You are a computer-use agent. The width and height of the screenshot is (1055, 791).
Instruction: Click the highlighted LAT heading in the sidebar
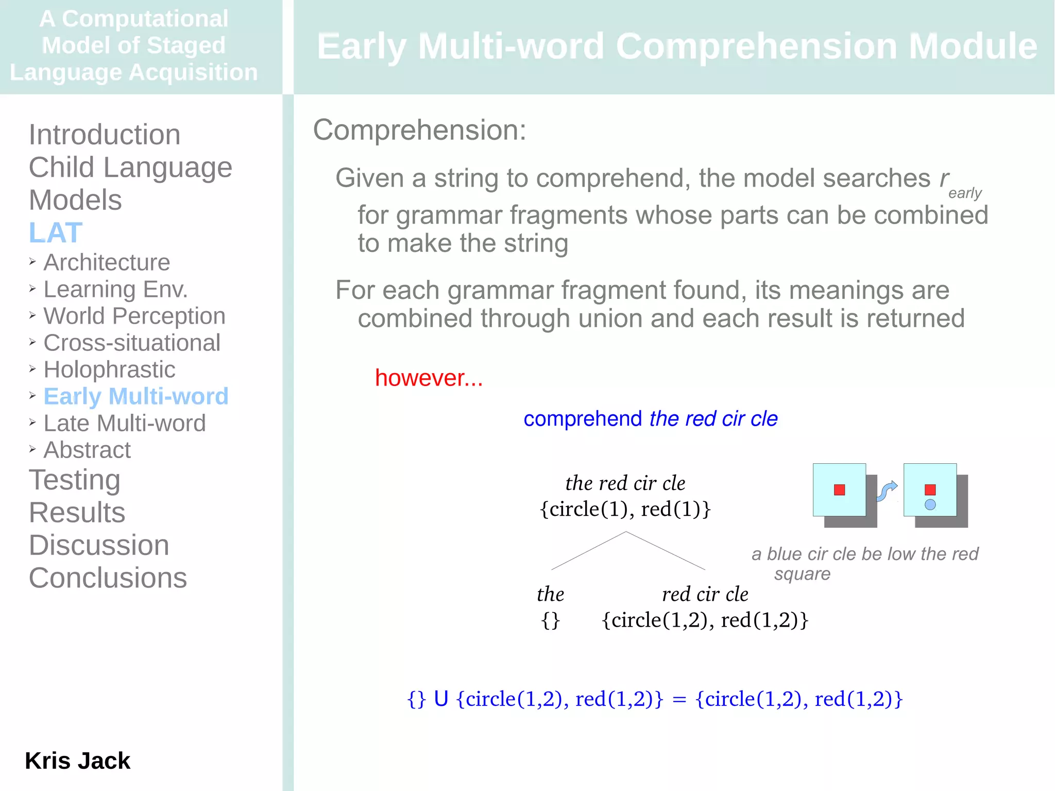[x=56, y=233]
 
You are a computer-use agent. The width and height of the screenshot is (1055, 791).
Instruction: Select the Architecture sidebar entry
[x=107, y=263]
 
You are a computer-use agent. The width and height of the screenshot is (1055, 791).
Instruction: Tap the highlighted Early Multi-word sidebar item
[x=136, y=396]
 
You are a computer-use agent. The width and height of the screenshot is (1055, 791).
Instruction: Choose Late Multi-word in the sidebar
[x=125, y=424]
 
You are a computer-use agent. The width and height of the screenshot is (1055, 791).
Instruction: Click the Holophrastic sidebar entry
[x=109, y=370]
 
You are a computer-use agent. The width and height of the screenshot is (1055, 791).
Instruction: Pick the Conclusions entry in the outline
[x=108, y=578]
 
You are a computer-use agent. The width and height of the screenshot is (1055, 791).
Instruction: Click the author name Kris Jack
[x=78, y=761]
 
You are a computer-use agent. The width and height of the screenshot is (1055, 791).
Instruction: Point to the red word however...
[x=429, y=378]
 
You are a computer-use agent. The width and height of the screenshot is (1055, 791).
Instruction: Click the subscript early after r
[x=965, y=193]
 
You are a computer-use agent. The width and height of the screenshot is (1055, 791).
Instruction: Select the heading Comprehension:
[x=419, y=130]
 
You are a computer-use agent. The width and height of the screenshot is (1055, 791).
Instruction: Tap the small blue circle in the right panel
[x=930, y=505]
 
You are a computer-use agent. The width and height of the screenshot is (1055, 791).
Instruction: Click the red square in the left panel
[x=839, y=490]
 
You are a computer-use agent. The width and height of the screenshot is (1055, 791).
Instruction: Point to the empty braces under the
[x=550, y=620]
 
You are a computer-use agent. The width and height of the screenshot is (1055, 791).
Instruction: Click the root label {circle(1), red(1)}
[x=625, y=510]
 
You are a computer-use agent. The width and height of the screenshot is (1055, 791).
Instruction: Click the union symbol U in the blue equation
[x=441, y=699]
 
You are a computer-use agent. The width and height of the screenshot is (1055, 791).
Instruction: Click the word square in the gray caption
[x=802, y=574]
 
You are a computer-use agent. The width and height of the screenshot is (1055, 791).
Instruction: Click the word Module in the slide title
[x=973, y=46]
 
